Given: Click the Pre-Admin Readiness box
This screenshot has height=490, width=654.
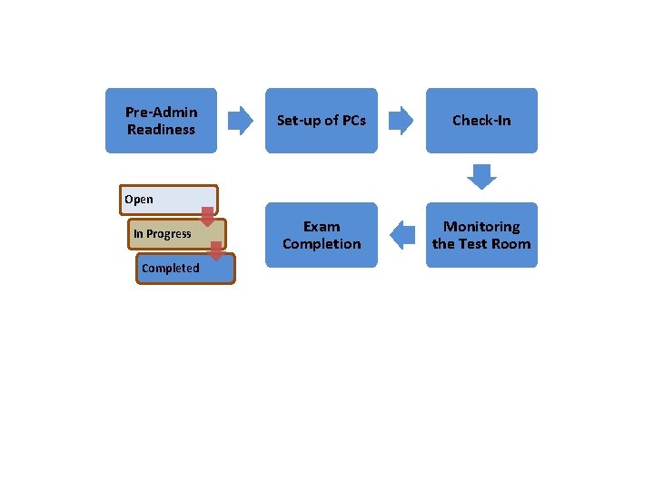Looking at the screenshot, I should click(161, 121).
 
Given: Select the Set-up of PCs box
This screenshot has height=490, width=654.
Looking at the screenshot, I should click(321, 121).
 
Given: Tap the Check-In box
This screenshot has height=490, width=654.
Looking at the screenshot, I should click(481, 121).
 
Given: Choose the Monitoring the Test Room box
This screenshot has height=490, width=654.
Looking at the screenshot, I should click(481, 235).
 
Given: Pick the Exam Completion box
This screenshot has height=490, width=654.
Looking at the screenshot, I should click(321, 235).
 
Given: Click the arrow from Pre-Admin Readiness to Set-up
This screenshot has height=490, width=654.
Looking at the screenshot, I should click(240, 121).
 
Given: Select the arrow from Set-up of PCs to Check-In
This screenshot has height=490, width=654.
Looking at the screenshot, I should click(401, 121).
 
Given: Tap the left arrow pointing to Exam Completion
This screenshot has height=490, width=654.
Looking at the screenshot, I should click(401, 235).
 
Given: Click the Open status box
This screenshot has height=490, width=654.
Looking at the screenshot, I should click(170, 200).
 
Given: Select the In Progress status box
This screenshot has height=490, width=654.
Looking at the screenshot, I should click(173, 234).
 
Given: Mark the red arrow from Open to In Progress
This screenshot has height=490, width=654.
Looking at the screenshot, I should click(207, 216).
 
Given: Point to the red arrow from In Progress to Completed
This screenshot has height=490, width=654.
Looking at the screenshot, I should click(216, 250).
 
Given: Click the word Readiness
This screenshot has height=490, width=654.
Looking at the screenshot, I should click(161, 130).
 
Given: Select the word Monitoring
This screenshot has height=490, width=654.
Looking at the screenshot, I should click(481, 227).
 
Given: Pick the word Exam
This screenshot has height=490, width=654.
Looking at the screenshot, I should click(322, 227).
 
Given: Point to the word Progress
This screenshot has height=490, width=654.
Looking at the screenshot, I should click(170, 234).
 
